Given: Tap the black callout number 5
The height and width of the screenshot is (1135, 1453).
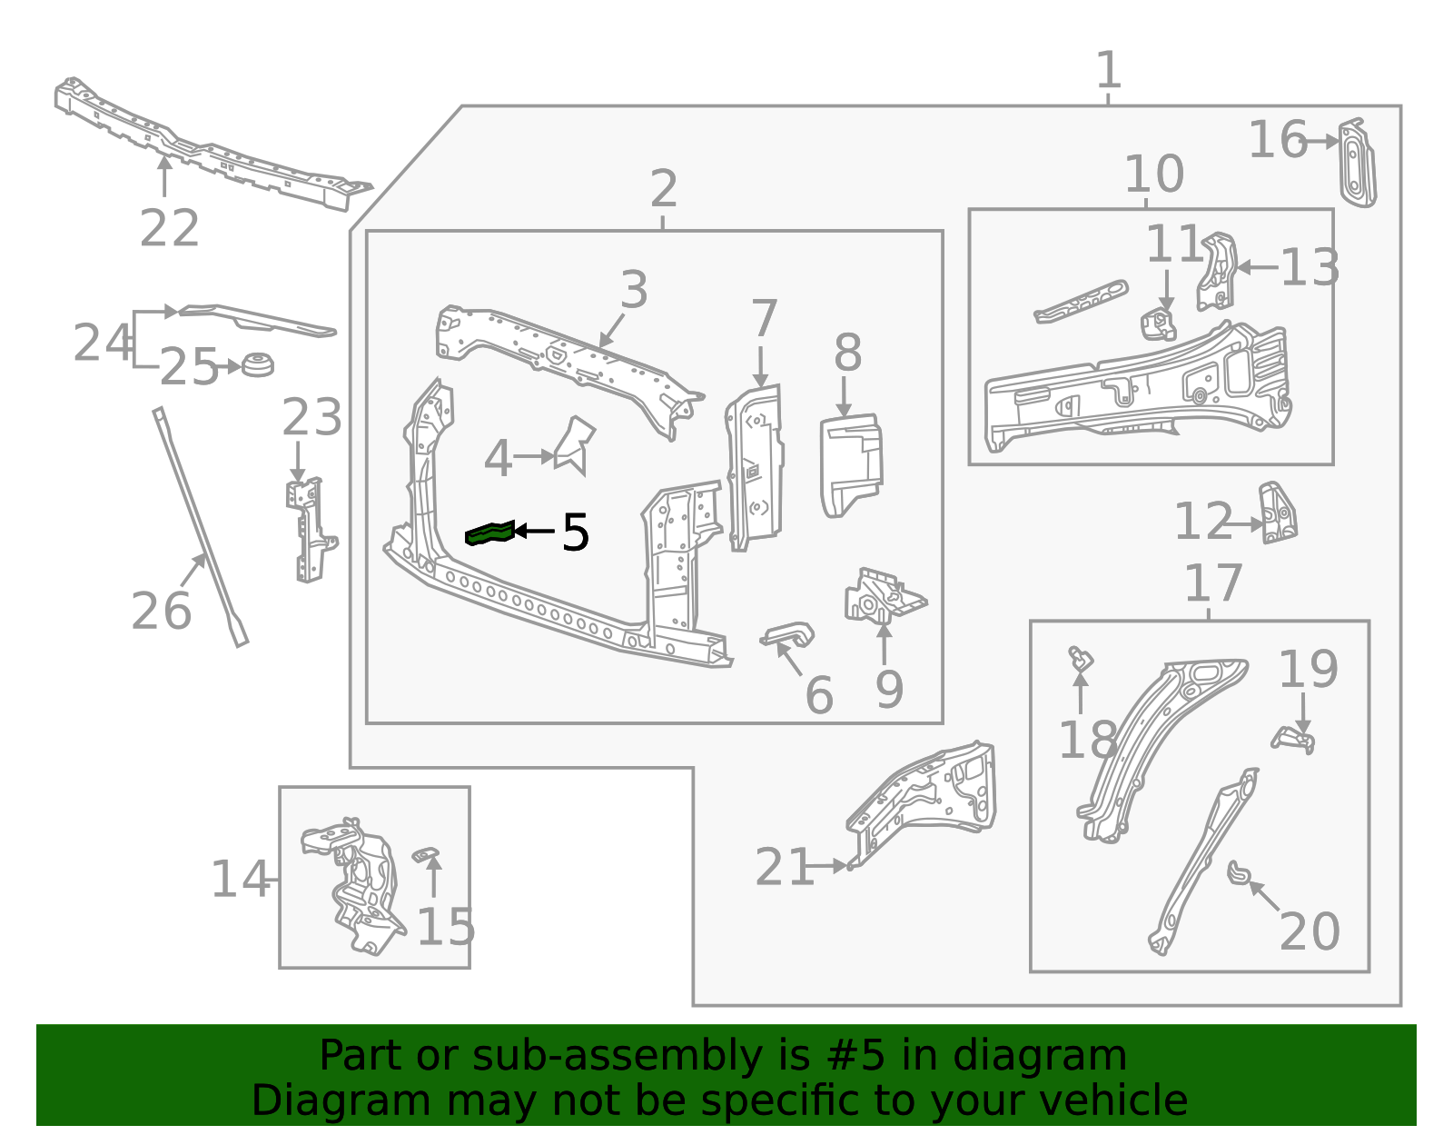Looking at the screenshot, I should (x=575, y=533).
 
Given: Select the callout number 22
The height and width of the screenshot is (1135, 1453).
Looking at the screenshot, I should (x=169, y=228).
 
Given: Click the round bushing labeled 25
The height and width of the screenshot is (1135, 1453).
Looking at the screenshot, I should (x=258, y=364).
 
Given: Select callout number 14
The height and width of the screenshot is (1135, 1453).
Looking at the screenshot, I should (x=240, y=880).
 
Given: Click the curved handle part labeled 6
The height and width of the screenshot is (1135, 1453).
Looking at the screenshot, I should (x=788, y=634).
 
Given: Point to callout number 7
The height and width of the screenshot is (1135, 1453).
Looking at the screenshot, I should (x=764, y=319).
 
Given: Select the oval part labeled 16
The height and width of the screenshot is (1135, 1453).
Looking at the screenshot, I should (x=1357, y=164).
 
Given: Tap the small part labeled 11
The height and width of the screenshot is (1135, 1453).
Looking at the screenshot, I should (x=1158, y=324).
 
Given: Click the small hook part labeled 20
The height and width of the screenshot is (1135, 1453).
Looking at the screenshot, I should (x=1239, y=873).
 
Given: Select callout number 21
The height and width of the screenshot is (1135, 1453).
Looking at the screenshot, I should (x=784, y=867).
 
